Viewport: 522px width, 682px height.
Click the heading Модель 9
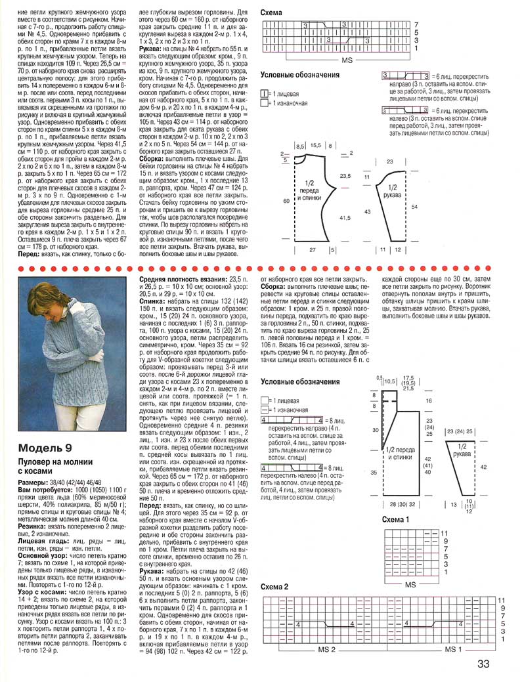[x=46, y=448]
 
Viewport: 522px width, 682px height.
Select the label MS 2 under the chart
[x=326, y=649]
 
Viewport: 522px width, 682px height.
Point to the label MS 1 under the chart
[x=453, y=649]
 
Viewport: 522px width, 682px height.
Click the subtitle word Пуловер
[x=35, y=462]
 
